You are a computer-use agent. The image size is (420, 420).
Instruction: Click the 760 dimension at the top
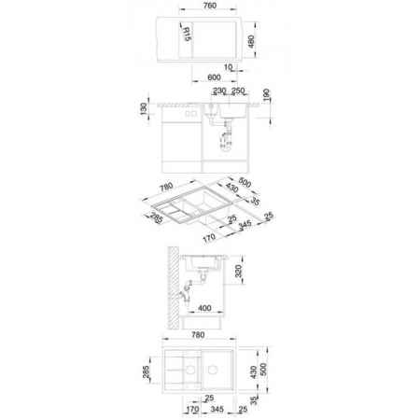point(209,6)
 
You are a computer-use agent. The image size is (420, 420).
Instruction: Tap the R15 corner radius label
point(187,34)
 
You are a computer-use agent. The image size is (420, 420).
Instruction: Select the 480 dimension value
point(251,41)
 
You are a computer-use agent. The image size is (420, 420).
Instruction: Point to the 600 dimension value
point(214,77)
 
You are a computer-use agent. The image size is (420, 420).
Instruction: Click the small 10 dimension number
point(228,67)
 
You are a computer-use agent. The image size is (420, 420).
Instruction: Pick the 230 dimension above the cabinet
point(219,91)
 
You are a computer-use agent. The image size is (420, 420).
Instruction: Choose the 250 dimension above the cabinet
point(238,91)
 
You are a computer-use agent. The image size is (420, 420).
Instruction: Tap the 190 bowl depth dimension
point(267,94)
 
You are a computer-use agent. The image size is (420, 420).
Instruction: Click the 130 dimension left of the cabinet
point(144,109)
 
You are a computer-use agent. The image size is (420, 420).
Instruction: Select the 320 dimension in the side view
point(238,272)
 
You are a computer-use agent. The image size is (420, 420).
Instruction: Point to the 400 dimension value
point(204,308)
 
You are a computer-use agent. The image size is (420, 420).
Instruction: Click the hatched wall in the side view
point(174,287)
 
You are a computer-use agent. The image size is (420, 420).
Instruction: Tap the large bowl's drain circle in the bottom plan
point(213,370)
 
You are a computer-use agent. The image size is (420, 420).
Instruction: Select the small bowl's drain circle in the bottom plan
point(190,370)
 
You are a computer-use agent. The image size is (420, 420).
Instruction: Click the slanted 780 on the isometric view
point(166,187)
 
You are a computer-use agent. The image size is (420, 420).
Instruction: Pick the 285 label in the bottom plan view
point(146,371)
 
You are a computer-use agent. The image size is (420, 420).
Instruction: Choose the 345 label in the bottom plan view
point(217,409)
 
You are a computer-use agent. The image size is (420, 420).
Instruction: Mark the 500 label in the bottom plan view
point(263,370)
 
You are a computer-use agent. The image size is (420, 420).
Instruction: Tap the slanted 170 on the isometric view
point(209,238)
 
